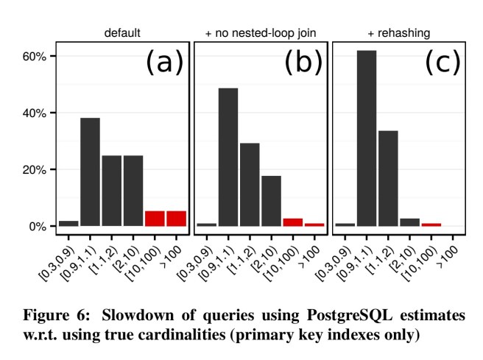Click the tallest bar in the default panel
click(x=90, y=172)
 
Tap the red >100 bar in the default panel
click(x=176, y=218)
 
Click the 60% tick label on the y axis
click(x=35, y=57)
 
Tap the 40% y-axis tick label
click(x=35, y=113)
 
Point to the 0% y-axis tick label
click(x=37, y=226)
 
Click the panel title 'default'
click(x=122, y=33)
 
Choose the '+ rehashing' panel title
click(x=398, y=33)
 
